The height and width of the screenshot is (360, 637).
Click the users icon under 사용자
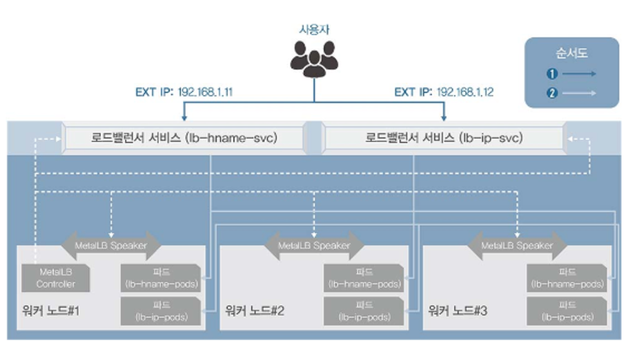point(314,58)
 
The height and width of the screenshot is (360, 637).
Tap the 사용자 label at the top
point(315,29)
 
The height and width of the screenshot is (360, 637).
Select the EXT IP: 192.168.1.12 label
point(444,92)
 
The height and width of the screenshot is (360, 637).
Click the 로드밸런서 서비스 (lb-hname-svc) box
point(183,138)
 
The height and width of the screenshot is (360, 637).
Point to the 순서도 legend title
point(571,53)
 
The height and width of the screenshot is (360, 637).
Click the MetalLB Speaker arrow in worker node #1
point(110,245)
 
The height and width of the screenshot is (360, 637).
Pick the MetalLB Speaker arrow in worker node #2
point(314,245)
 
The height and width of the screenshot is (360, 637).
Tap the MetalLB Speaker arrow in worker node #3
point(517,245)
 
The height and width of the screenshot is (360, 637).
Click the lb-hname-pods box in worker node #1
point(161,278)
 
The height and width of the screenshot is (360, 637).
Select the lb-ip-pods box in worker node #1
point(161,310)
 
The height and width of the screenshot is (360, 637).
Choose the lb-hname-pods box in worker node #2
point(364,278)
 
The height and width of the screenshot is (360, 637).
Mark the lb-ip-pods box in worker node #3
point(567,310)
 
